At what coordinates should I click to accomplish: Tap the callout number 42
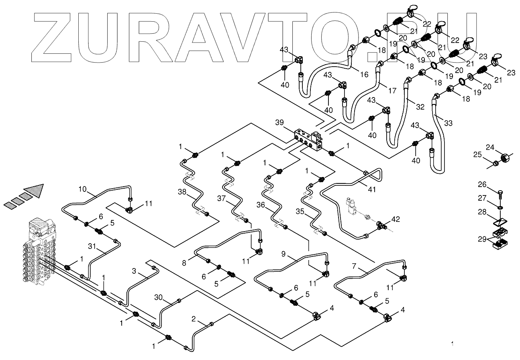(x=396, y=219)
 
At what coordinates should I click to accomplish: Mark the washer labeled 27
(x=500, y=207)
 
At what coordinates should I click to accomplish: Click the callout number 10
(x=82, y=189)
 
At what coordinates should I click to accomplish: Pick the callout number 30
(x=159, y=297)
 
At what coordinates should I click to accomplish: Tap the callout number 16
(x=364, y=75)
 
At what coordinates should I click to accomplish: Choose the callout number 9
(x=283, y=254)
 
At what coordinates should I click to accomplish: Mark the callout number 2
(x=194, y=319)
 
